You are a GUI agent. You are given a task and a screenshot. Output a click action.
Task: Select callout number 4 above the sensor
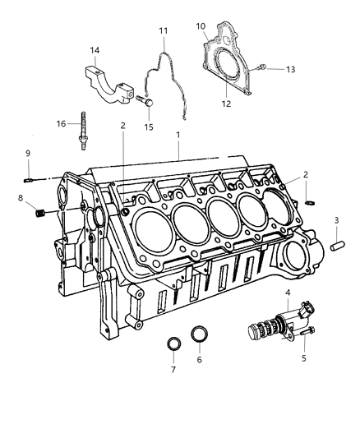(x=288, y=293)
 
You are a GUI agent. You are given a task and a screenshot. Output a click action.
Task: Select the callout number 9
(x=27, y=153)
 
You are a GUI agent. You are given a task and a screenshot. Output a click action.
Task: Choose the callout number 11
(x=163, y=31)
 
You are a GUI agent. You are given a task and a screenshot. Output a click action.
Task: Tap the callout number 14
(x=95, y=50)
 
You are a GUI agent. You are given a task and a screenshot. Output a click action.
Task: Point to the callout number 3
(x=336, y=220)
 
